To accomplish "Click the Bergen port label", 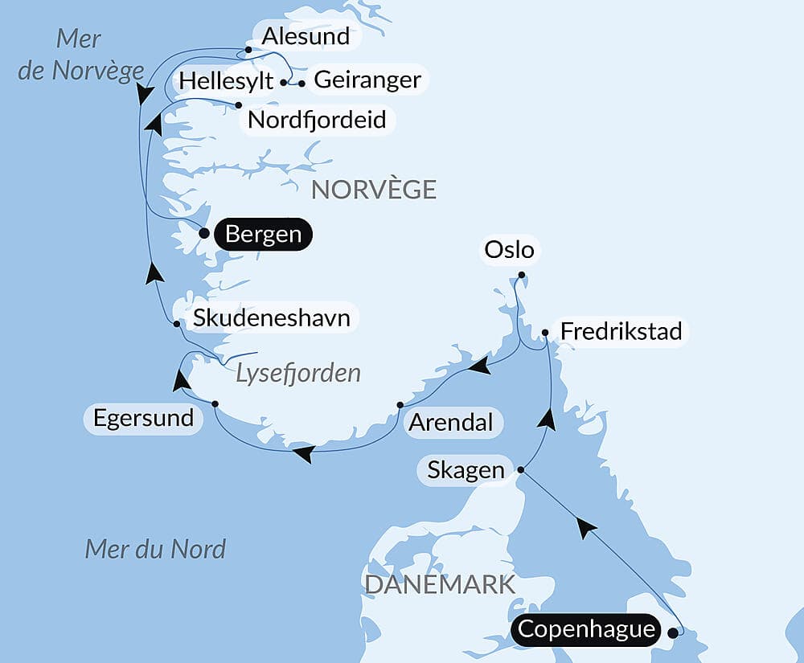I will (264, 235).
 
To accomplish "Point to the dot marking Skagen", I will (521, 469).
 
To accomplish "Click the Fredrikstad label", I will (621, 331).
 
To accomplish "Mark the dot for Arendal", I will (400, 404).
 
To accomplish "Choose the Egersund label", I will (143, 418).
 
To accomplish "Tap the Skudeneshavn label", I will (271, 317).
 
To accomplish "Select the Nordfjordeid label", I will (317, 120).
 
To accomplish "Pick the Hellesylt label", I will (226, 81).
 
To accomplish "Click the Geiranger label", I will (367, 80).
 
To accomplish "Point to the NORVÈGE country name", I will (374, 190).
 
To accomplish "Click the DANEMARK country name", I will (439, 584).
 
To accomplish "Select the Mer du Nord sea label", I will (155, 550).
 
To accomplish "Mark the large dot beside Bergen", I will (204, 234).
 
